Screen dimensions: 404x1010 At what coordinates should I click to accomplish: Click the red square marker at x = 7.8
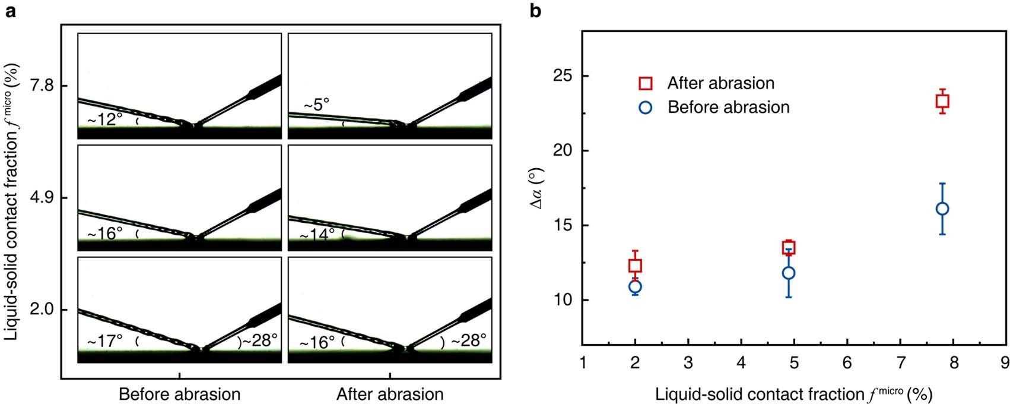click(942, 102)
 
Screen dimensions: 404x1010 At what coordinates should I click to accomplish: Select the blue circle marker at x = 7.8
click(942, 209)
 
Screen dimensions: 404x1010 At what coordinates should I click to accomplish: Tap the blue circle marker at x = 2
click(635, 286)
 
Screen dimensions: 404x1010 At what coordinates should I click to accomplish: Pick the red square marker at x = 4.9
click(789, 248)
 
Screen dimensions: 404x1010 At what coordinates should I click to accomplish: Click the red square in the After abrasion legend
click(646, 83)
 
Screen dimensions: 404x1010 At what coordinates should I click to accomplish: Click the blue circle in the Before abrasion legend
click(646, 108)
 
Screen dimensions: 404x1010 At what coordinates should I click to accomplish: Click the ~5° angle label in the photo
click(316, 105)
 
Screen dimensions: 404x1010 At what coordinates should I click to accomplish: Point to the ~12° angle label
click(105, 120)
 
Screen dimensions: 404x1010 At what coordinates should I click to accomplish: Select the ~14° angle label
click(317, 235)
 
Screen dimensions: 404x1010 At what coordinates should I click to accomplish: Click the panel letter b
click(536, 11)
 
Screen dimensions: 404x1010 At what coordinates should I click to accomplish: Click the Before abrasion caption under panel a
click(179, 394)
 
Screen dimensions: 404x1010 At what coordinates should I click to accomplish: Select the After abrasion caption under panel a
click(390, 394)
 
